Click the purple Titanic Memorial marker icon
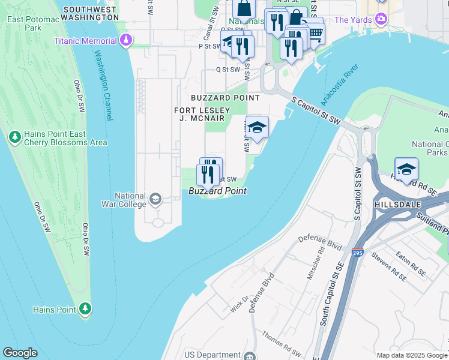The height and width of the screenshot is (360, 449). click(x=125, y=41)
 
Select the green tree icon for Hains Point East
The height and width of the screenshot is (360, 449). click(x=15, y=138)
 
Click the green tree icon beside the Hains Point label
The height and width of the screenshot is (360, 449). click(x=86, y=309)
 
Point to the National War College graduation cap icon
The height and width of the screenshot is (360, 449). click(x=155, y=199)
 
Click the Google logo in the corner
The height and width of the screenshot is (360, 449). click(x=20, y=353)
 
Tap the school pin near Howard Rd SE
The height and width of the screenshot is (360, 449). click(x=406, y=169)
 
